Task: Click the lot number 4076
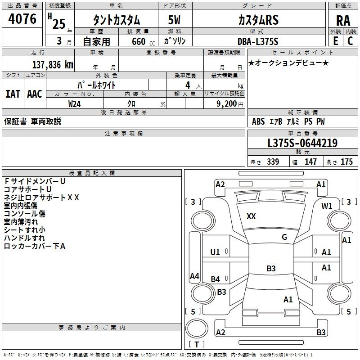(22, 19)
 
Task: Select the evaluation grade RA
(343, 21)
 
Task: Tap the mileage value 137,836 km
(53, 65)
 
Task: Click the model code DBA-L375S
(258, 41)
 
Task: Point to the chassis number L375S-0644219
(302, 143)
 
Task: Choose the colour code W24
(74, 104)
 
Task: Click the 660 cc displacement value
(143, 41)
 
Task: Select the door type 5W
(174, 20)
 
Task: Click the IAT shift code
(13, 94)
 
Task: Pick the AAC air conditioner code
(35, 94)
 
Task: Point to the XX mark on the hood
(251, 216)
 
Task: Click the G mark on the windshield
(284, 237)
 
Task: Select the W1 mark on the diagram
(327, 206)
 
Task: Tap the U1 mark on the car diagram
(215, 252)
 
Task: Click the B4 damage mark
(216, 279)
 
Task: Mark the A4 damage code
(194, 276)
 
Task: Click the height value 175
(346, 162)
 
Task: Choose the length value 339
(273, 162)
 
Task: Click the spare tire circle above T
(197, 328)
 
